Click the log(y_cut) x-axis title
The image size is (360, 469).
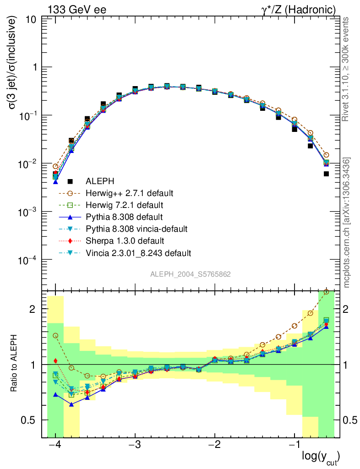click(x=321, y=457)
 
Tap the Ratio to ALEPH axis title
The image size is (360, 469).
click(x=15, y=364)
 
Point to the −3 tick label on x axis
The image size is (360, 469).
click(x=135, y=446)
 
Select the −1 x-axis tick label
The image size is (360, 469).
click(x=295, y=446)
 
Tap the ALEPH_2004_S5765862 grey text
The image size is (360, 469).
click(x=191, y=274)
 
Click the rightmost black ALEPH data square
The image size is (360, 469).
click(x=326, y=174)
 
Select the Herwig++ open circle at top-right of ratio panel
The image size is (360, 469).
click(x=326, y=292)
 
